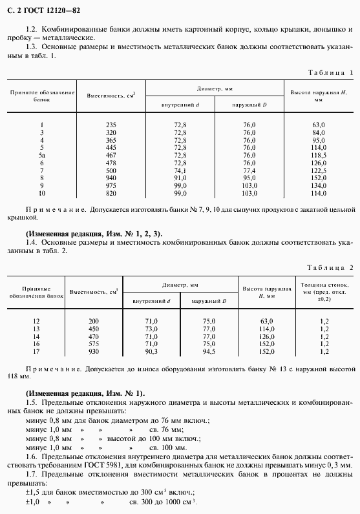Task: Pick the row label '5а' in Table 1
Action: (42, 156)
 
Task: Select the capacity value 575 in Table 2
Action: (95, 344)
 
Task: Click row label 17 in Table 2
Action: (36, 352)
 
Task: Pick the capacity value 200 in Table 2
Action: (95, 321)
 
